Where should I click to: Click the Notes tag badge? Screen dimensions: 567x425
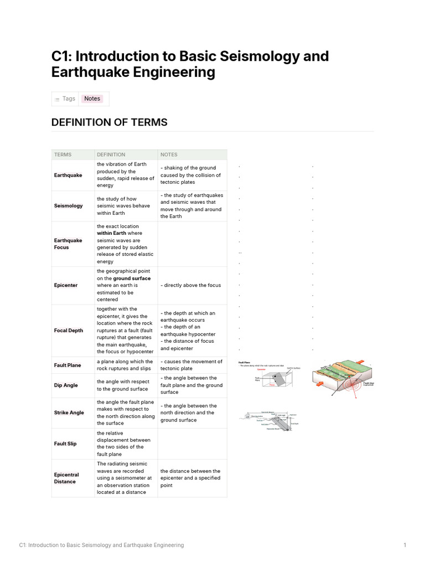(x=92, y=99)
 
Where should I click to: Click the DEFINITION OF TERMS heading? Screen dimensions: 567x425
(x=109, y=122)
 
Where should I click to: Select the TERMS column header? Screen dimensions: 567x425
(x=63, y=154)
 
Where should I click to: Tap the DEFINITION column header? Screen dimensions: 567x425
(x=111, y=154)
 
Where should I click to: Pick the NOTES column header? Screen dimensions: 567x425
(x=169, y=154)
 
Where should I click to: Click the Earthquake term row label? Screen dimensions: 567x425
(x=68, y=175)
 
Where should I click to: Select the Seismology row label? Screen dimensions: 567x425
(x=68, y=205)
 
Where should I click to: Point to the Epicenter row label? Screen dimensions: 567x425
(x=66, y=285)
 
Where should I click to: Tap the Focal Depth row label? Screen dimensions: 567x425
(x=69, y=331)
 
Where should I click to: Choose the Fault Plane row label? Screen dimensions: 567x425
(x=68, y=365)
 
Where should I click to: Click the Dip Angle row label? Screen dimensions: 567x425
(x=66, y=385)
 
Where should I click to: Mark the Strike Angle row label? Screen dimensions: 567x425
(x=69, y=413)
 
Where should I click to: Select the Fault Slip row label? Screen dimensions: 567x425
(x=65, y=444)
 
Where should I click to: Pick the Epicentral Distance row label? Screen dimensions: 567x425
(x=66, y=478)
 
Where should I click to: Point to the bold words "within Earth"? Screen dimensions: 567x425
(x=111, y=233)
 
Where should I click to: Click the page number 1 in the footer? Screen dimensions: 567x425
(x=405, y=545)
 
